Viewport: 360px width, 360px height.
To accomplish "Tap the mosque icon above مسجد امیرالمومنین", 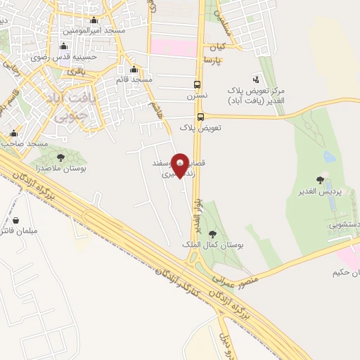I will coord(94,20).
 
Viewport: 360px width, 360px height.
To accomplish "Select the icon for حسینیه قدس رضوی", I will coord(66,46).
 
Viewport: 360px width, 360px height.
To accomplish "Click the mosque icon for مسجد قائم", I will coord(134,69).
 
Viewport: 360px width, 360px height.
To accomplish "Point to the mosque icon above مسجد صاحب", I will coord(13,133).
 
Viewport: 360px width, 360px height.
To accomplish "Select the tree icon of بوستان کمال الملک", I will coord(212,235).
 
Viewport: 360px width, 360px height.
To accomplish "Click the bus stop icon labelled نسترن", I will coord(201,82).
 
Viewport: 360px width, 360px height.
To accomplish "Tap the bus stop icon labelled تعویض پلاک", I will coord(201,117).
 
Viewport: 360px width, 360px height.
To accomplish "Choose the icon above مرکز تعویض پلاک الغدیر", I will coord(255,79).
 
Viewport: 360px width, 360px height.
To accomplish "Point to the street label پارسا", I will coord(213,61).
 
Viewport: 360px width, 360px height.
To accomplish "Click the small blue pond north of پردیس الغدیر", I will coord(329,157).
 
